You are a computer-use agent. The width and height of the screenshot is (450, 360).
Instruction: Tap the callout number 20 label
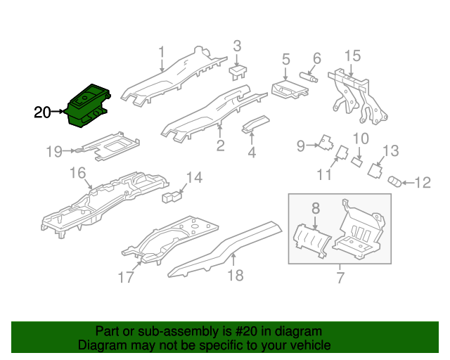point(42,112)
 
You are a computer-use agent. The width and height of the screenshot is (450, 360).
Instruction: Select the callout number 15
point(352,56)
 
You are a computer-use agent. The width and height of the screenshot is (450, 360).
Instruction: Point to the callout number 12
point(422,184)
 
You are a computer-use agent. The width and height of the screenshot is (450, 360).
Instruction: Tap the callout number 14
point(193,178)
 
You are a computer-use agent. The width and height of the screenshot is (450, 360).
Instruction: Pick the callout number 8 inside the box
point(316,207)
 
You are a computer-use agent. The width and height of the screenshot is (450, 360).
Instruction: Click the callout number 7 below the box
point(340,278)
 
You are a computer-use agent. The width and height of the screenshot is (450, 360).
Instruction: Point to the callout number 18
point(235,275)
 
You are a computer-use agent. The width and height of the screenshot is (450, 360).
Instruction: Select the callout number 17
point(125,278)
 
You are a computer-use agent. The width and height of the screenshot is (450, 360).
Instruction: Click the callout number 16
point(77,173)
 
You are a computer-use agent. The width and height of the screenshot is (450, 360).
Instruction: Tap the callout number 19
point(55,150)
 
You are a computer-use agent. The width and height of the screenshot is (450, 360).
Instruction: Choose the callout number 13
point(390,150)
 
